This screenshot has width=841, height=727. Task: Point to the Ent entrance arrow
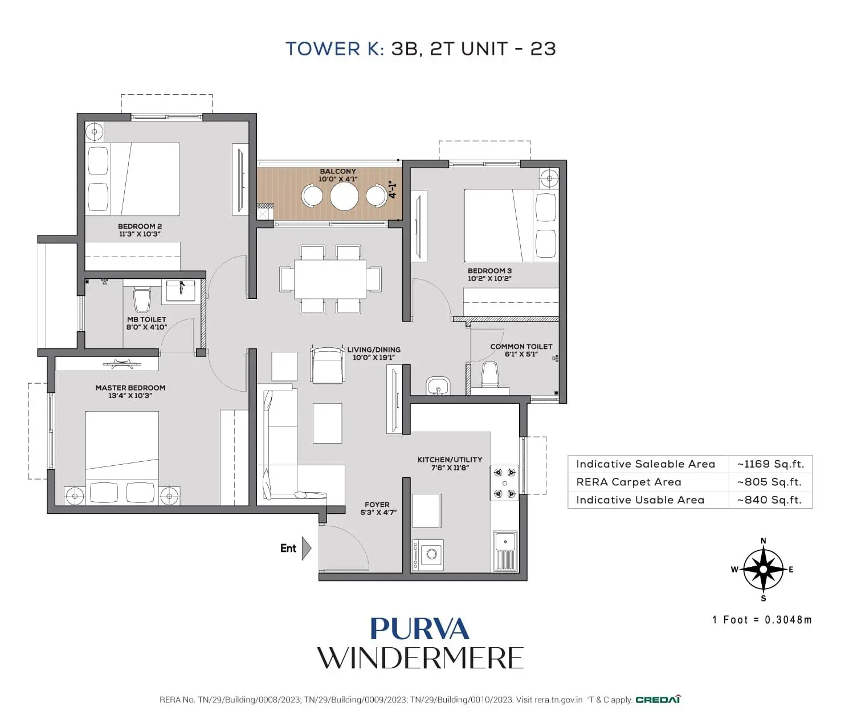point(306,548)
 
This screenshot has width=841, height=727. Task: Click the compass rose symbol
point(763,569)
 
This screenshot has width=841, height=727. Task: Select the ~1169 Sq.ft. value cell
point(770,464)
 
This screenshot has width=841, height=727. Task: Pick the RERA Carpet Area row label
point(628,482)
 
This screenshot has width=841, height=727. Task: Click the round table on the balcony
point(344,196)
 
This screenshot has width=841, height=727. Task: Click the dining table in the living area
point(330,279)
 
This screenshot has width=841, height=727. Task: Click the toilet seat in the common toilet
point(490,375)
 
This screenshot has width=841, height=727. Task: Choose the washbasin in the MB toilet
point(181,290)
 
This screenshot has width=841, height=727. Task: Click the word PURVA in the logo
point(419,629)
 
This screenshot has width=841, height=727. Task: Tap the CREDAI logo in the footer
point(658,700)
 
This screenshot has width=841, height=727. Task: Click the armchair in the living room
point(327,365)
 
